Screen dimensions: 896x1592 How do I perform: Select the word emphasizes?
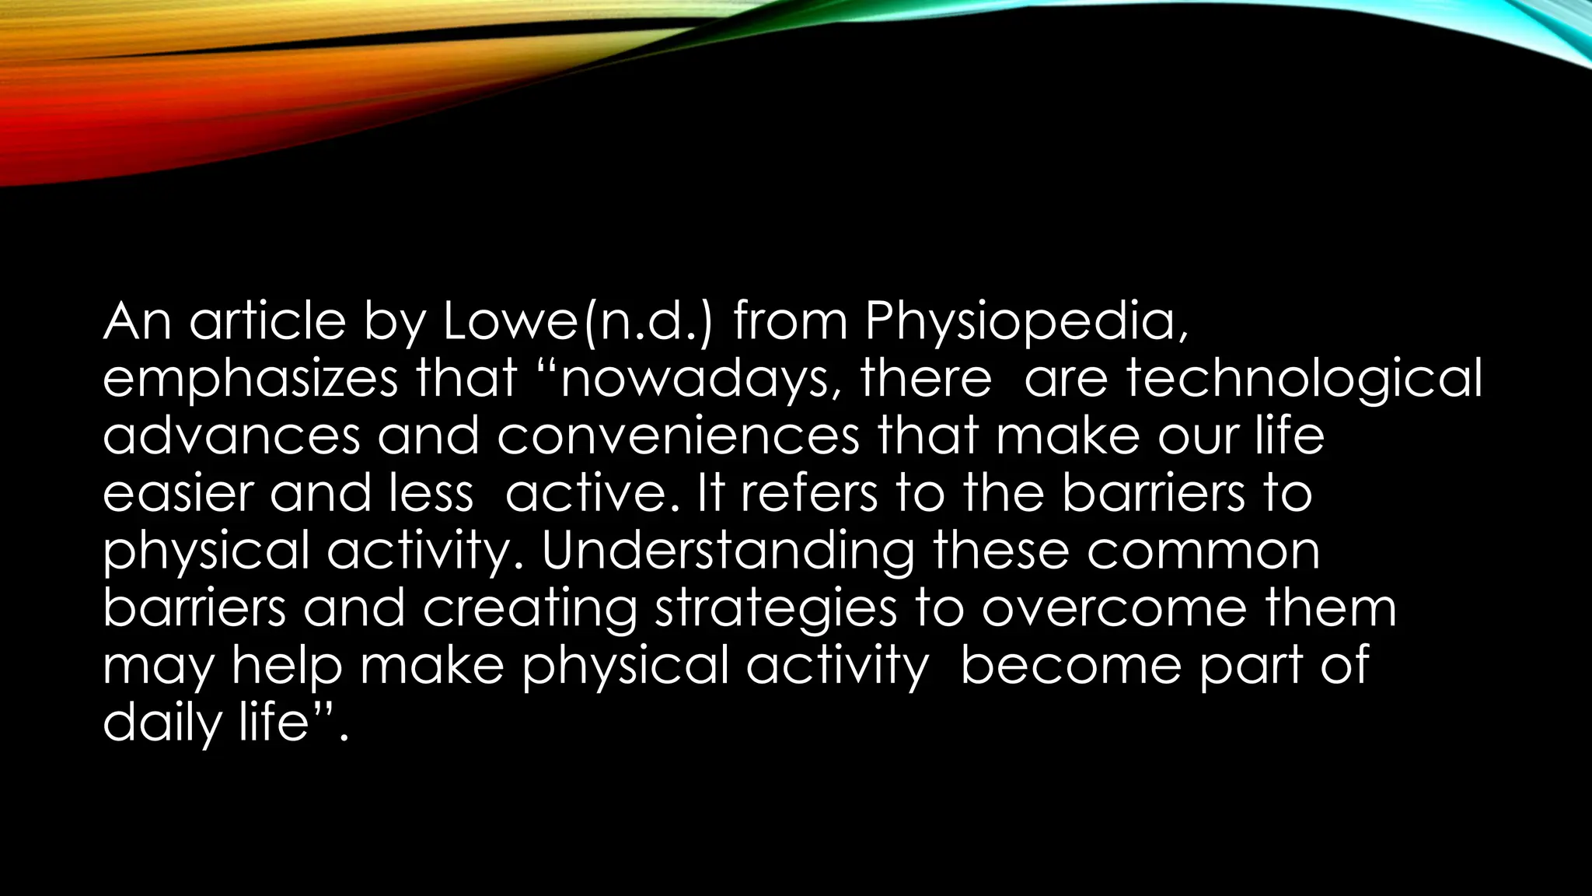(250, 380)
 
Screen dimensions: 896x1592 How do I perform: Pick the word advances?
(232, 436)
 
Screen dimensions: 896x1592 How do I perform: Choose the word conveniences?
(678, 436)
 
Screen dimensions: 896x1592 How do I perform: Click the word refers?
(808, 494)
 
